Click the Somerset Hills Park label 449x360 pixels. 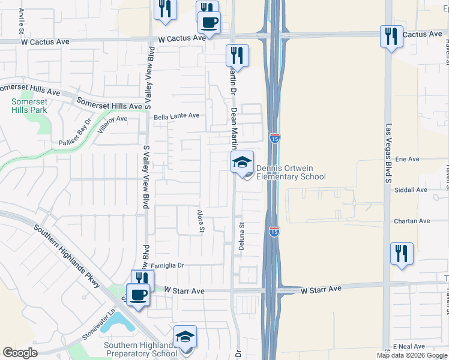(x=29, y=106)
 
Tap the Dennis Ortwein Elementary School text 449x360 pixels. (x=291, y=172)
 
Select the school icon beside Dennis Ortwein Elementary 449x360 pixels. (x=243, y=163)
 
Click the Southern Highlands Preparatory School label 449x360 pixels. (x=140, y=349)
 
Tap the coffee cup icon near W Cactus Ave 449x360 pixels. (x=209, y=23)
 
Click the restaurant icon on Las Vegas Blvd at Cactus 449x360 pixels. (x=391, y=37)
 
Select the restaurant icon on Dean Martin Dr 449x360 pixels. (x=237, y=56)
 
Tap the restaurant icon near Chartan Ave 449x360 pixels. (x=402, y=253)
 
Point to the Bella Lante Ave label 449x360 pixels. (x=176, y=116)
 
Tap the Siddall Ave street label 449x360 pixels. (x=410, y=190)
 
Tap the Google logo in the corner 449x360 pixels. (x=20, y=353)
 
